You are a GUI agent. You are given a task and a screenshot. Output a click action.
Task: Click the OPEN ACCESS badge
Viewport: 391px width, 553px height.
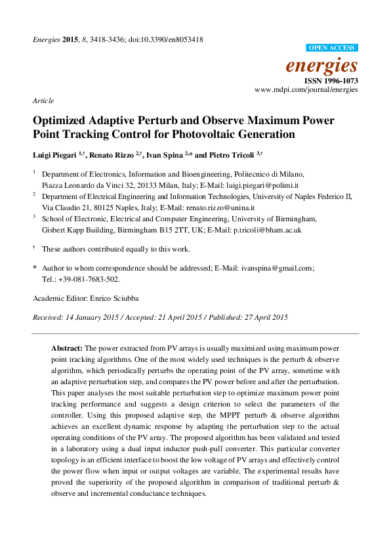[332, 48]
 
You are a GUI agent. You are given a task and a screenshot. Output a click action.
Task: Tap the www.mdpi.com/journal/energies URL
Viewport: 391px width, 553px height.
[306, 89]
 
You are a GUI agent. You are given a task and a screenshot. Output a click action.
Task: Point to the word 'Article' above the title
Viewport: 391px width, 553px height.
[43, 100]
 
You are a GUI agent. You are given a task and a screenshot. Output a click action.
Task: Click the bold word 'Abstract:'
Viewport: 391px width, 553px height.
[67, 347]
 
